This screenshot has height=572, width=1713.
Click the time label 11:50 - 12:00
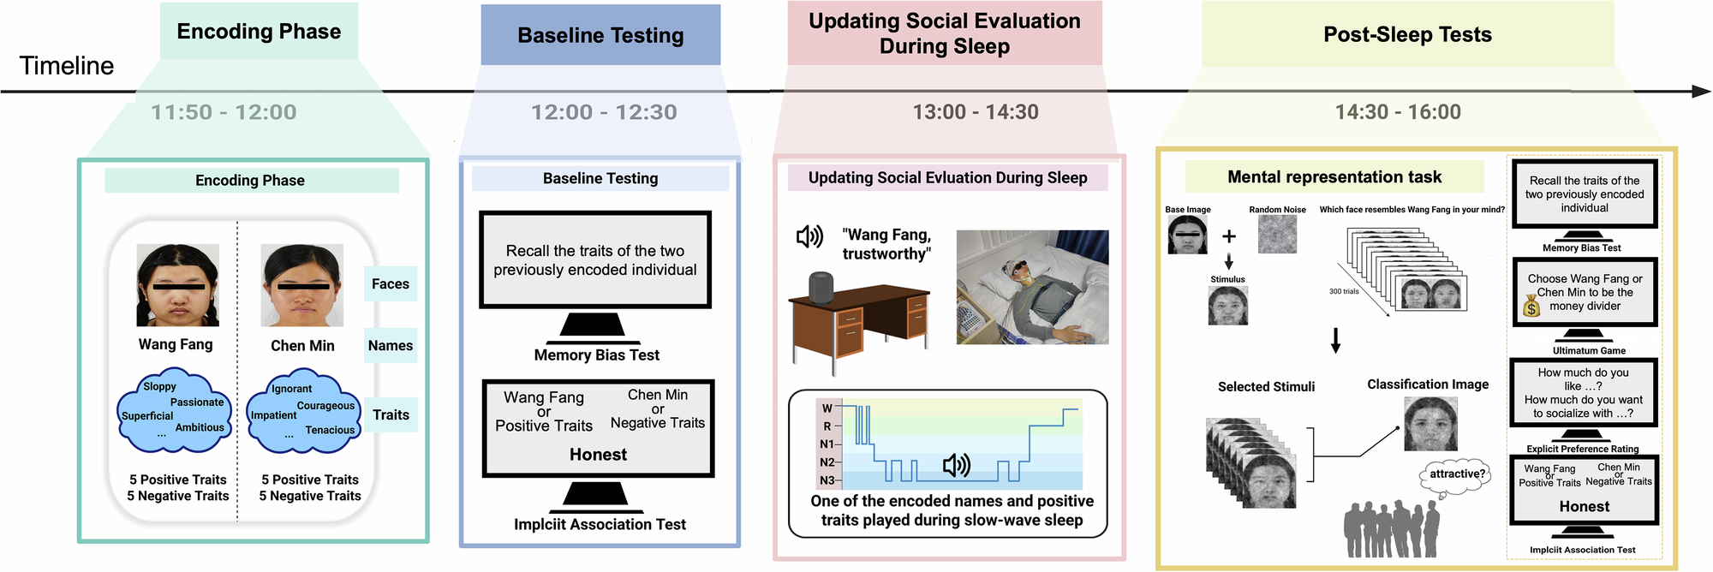click(x=224, y=112)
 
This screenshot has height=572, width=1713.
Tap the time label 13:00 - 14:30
click(x=975, y=112)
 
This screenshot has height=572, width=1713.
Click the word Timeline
click(x=66, y=66)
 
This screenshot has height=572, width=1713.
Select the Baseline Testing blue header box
click(x=600, y=35)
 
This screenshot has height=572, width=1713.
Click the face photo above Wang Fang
click(x=177, y=285)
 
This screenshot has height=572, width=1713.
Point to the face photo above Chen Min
click(x=302, y=285)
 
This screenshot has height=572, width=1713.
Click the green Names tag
click(x=391, y=346)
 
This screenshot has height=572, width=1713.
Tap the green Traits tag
click(x=391, y=414)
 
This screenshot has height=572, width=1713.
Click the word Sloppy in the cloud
click(x=159, y=386)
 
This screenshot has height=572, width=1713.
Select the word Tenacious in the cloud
click(x=330, y=430)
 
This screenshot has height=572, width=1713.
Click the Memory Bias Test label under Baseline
click(x=596, y=355)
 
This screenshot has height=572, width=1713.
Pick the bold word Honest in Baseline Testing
click(x=598, y=455)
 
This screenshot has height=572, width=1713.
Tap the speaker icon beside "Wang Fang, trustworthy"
click(x=809, y=236)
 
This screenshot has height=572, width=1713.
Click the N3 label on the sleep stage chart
click(x=827, y=480)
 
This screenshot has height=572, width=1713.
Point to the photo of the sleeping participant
click(x=1032, y=287)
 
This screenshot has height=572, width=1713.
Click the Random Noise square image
click(x=1277, y=234)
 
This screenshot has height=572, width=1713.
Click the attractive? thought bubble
click(x=1457, y=474)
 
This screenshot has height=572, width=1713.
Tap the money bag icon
click(x=1532, y=306)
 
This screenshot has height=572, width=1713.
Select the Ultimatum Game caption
click(x=1588, y=350)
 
